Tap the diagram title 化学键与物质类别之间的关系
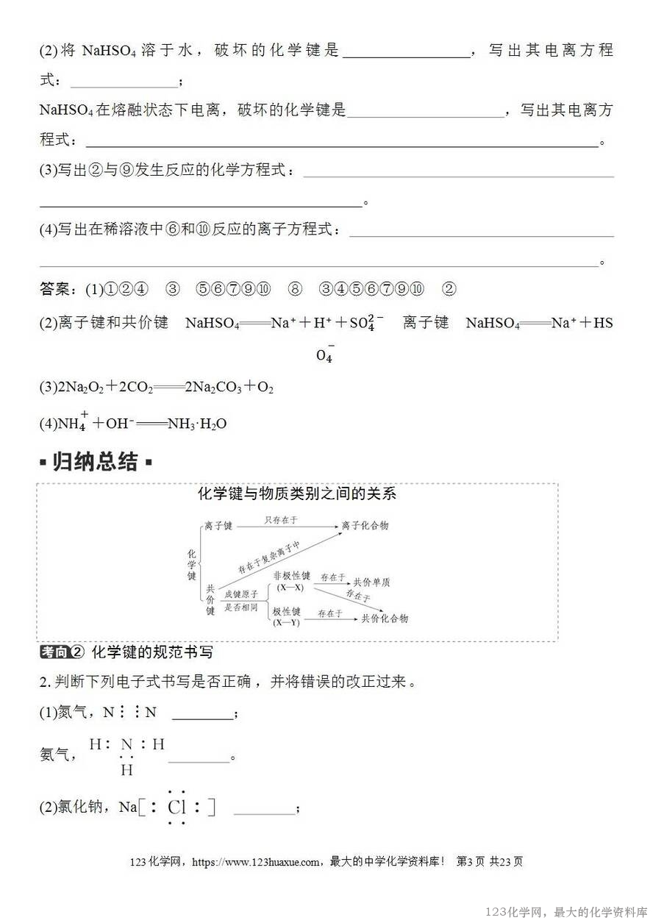296,493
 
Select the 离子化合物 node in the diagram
365,525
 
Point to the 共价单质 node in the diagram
371,582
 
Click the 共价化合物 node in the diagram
385,619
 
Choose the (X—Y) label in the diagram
286,623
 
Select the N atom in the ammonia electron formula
126,745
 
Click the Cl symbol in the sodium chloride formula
177,808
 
